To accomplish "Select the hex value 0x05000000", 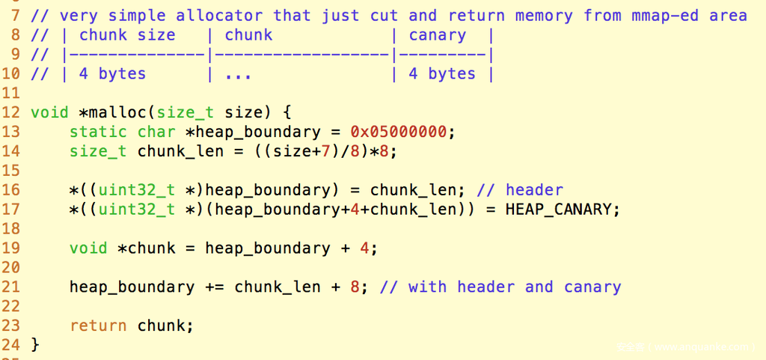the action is coord(398,132).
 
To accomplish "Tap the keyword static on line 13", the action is coord(98,132).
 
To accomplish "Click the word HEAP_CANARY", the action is coord(557,210).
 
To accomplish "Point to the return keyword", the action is coord(98,326).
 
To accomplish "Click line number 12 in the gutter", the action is coord(10,113).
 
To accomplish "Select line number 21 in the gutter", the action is coord(10,287).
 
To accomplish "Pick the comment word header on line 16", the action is coord(534,190).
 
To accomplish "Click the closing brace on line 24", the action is coord(34,345).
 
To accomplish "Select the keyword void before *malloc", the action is coord(49,112).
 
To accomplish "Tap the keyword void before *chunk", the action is coord(88,248).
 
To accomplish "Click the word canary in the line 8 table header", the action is coord(437,36).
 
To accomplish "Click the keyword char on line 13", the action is coord(156,132).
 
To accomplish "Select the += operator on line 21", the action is coord(214,287).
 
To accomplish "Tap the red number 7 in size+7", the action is coord(325,151).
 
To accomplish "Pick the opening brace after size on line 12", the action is coord(287,113).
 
